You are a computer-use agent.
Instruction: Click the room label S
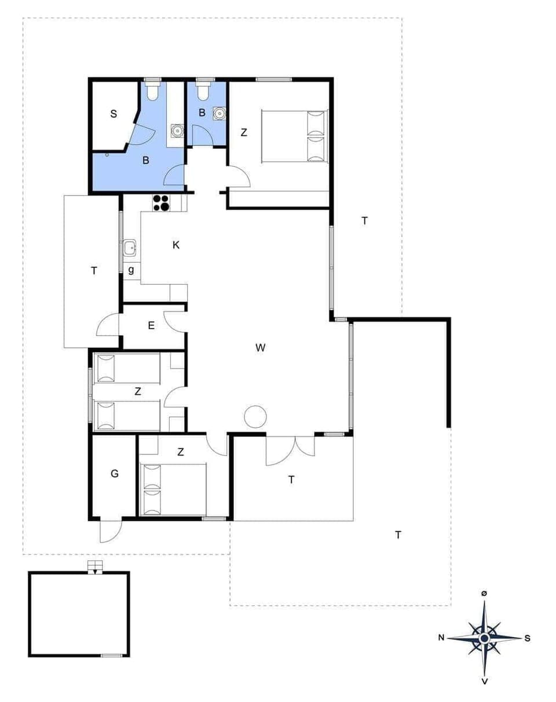tap(114, 114)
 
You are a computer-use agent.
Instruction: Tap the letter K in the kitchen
tap(176, 245)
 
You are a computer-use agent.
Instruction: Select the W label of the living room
tap(260, 347)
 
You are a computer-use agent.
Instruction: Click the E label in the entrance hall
tap(151, 325)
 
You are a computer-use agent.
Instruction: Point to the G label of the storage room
tap(115, 474)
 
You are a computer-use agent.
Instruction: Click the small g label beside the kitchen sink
tap(131, 270)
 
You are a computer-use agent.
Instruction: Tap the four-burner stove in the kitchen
tap(161, 203)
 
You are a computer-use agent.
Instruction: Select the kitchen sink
tap(130, 248)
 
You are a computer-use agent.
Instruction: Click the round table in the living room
tap(254, 417)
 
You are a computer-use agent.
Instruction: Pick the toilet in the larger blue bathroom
tap(153, 91)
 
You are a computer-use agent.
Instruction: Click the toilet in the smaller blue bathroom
tap(203, 91)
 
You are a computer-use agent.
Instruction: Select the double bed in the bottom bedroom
tap(174, 488)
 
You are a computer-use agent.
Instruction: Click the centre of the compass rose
tap(484, 638)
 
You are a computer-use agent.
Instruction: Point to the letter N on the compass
tap(441, 638)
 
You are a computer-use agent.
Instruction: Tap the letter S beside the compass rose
tap(527, 638)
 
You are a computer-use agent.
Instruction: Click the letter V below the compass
tap(484, 682)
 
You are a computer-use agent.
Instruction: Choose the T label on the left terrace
tap(94, 270)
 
